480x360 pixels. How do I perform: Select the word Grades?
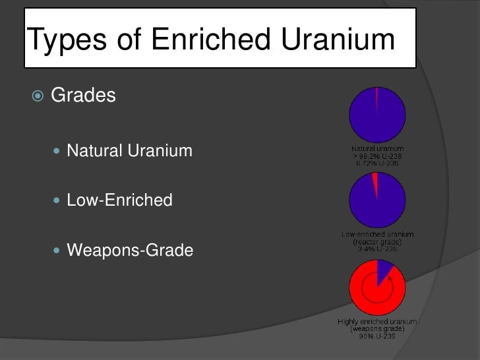(83, 96)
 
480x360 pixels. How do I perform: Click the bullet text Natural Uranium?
(129, 152)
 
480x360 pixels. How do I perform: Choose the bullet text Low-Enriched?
(119, 200)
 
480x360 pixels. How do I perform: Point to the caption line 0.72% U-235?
(377, 162)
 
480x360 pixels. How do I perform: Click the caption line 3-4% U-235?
(377, 249)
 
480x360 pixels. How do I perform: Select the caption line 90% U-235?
(377, 335)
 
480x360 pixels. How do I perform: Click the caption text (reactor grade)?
(377, 241)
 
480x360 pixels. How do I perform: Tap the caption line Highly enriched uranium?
(377, 322)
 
